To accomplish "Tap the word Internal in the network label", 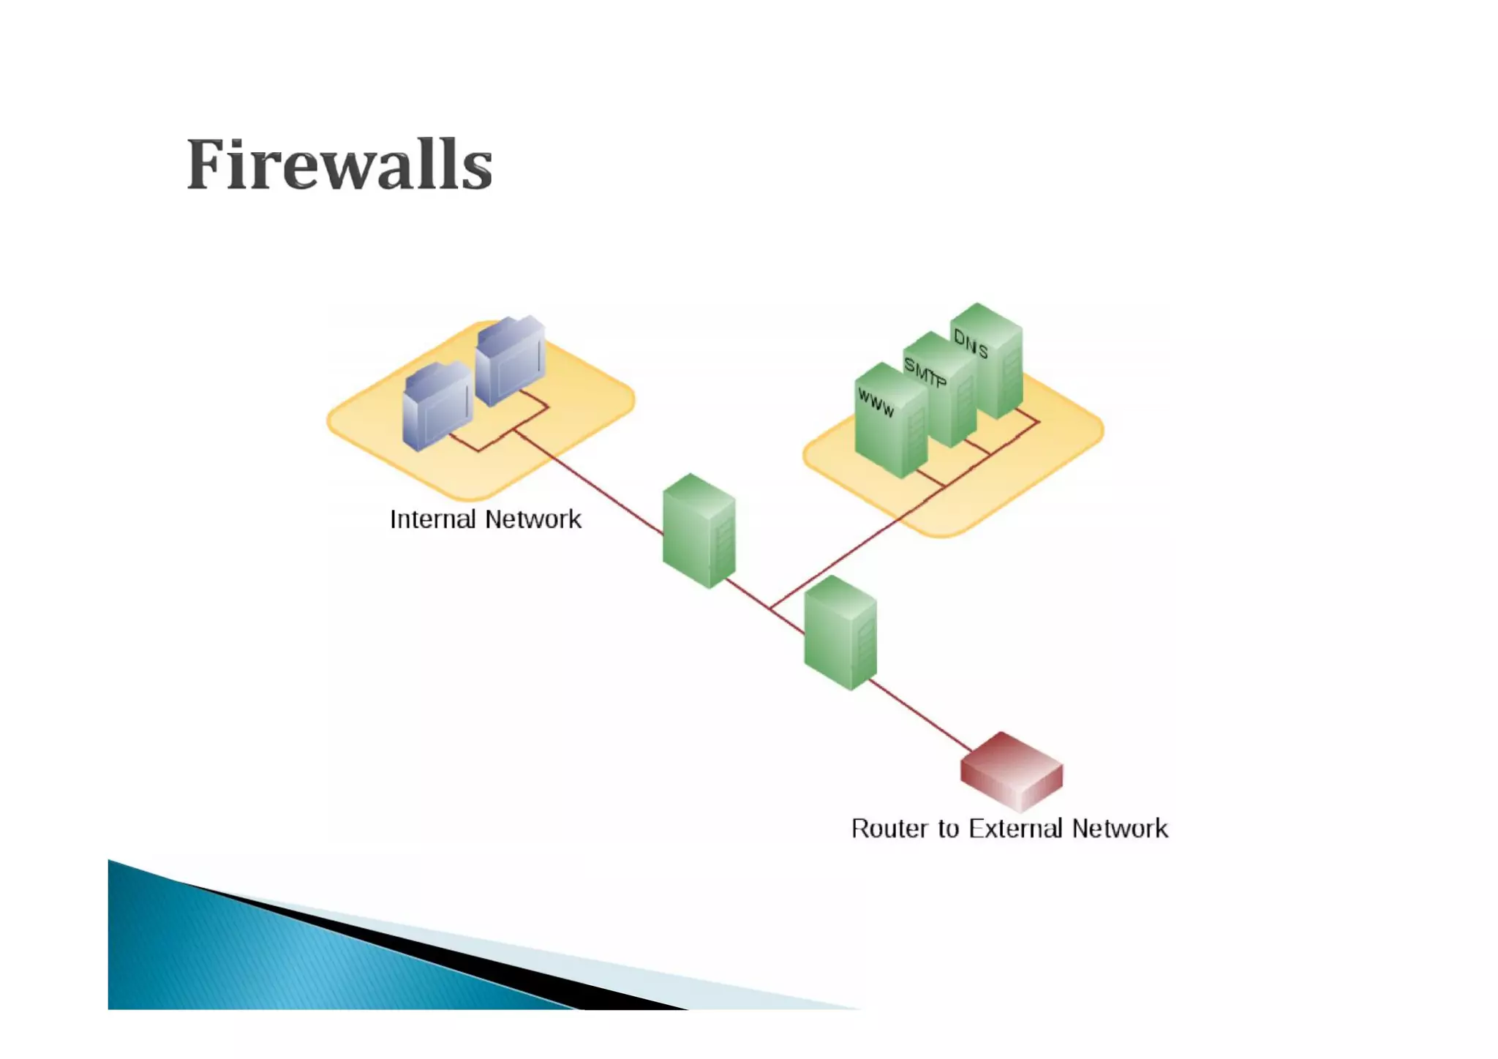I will (x=433, y=519).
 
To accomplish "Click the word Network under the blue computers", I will (x=532, y=519).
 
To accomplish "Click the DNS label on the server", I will (x=971, y=344).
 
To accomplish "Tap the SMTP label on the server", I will (x=925, y=372).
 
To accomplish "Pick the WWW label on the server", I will (x=876, y=403).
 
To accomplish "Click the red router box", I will (x=1012, y=771).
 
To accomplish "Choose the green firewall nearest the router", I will (x=840, y=633).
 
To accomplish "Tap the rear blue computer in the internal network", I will (x=510, y=360).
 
